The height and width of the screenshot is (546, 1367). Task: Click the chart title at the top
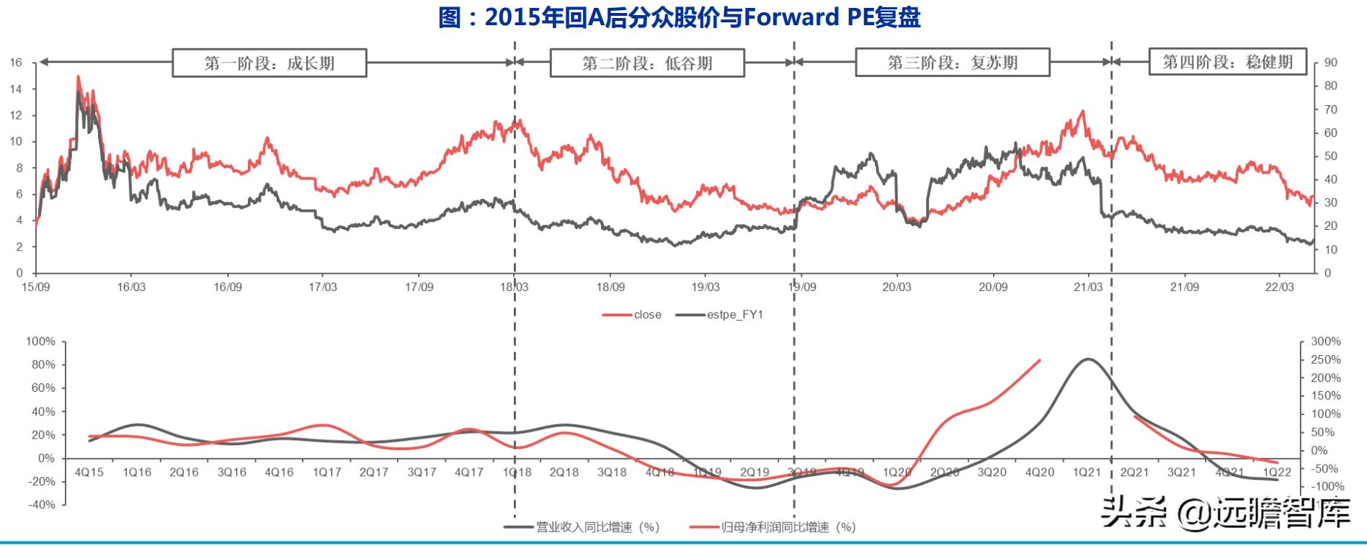[679, 17]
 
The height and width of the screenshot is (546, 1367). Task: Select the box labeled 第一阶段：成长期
[269, 63]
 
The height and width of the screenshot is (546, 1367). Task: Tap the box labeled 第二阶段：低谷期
[646, 63]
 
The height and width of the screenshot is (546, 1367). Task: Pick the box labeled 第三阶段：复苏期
[952, 62]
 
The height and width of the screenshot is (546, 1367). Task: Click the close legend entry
[633, 315]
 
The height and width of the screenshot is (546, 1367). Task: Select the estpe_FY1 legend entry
[721, 315]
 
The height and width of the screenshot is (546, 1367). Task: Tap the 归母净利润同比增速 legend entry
[772, 527]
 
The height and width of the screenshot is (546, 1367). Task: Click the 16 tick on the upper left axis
[16, 63]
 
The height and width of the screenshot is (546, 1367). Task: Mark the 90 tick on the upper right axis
[1330, 63]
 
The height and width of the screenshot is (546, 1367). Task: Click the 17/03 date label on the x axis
[323, 287]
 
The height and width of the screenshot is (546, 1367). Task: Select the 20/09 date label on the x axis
[992, 287]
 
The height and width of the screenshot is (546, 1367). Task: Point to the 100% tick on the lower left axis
[40, 341]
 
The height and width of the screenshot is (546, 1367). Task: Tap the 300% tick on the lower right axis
[1325, 341]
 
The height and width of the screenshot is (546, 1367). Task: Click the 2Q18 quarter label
[564, 473]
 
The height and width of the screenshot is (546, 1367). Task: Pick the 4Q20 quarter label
[1040, 473]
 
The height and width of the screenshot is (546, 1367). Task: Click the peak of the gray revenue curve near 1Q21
[1087, 359]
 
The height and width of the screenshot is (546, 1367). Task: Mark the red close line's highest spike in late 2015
[78, 76]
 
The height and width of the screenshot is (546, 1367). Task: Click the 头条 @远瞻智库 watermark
[1226, 514]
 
